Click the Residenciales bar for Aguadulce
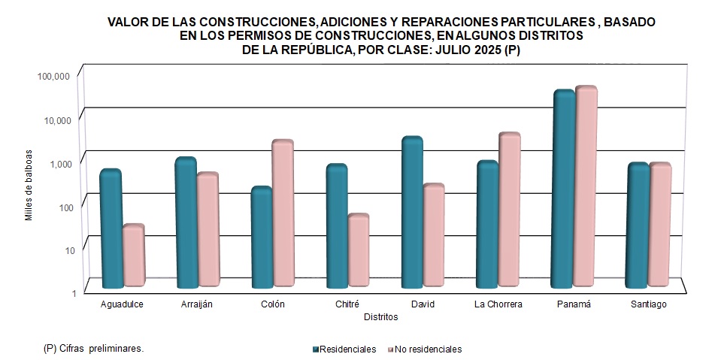[x=111, y=229]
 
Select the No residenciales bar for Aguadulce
[x=133, y=256]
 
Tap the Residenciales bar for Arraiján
[x=186, y=223]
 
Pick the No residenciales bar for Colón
[x=283, y=213]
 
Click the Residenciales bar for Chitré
[x=336, y=227]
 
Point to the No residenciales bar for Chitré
[x=359, y=251]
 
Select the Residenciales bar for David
[x=412, y=213]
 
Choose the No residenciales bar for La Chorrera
[x=510, y=210]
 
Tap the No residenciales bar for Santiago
[x=660, y=225]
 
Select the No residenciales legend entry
[x=424, y=349]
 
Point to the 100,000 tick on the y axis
[x=53, y=77]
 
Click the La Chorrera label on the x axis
[x=498, y=304]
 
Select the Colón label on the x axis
[x=272, y=304]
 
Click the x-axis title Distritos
[x=380, y=317]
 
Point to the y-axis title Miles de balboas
[x=29, y=185]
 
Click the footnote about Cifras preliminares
[x=94, y=349]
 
